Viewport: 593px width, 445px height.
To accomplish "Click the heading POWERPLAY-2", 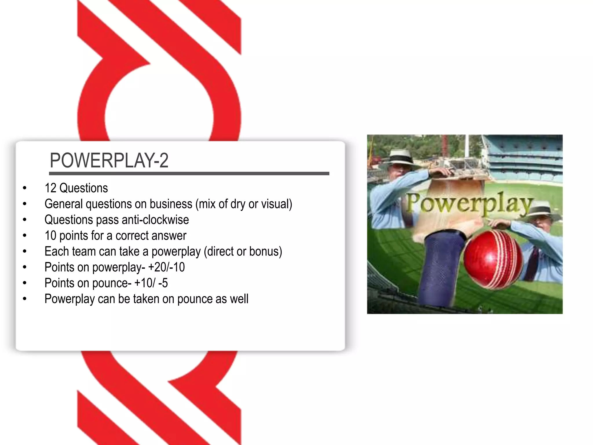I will tap(109, 160).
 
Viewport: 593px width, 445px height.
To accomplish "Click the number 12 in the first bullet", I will tap(50, 188).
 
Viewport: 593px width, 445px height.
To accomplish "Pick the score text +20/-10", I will tap(166, 267).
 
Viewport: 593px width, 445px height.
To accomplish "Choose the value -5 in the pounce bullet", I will tap(163, 283).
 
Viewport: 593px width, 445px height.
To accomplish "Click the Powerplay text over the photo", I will tap(469, 204).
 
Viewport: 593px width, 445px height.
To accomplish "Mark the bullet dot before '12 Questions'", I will tap(25, 188).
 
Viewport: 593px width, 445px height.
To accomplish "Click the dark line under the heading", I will tap(189, 174).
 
